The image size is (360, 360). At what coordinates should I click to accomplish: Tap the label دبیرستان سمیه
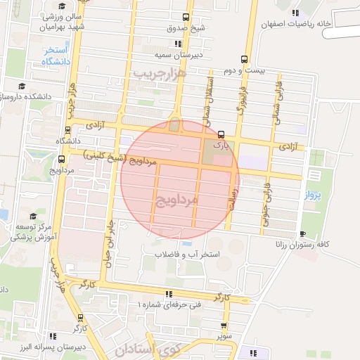184,54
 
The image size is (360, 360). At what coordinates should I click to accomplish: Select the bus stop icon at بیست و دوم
244,59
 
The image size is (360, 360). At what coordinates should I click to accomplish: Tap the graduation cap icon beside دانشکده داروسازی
22,86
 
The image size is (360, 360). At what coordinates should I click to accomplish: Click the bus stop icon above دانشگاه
67,129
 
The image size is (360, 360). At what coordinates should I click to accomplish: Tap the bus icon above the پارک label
221,134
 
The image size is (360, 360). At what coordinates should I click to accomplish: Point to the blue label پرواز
312,195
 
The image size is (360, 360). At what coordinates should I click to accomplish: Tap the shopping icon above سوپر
224,326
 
